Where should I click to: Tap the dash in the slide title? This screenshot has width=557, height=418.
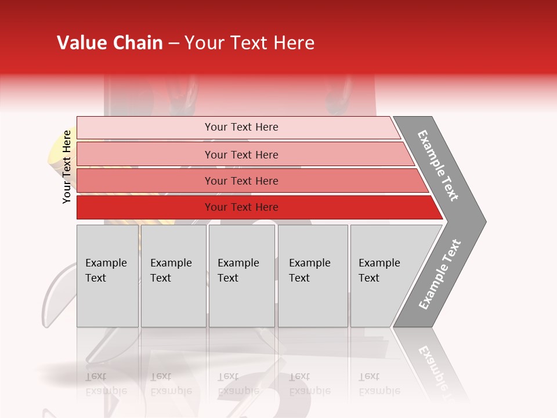coord(173,44)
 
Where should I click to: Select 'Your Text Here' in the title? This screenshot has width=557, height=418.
coord(249,43)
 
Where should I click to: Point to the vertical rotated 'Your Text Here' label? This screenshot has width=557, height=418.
coord(67,167)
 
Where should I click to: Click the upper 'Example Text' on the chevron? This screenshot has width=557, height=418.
coord(438,165)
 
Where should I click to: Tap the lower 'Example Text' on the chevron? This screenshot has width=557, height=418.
coord(440,274)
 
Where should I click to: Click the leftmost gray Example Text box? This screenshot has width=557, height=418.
coord(107,276)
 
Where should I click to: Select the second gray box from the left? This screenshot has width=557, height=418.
coord(173,276)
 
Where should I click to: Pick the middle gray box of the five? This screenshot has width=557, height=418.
coord(241,276)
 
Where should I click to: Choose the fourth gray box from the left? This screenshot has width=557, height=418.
coord(312,276)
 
